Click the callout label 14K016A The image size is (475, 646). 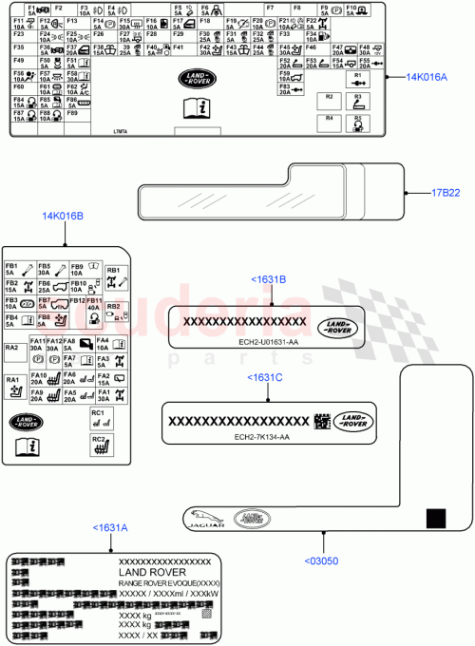(427, 77)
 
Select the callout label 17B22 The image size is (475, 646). (446, 193)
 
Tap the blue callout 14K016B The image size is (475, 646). (62, 216)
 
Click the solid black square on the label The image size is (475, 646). (435, 518)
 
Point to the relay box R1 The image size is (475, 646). (357, 79)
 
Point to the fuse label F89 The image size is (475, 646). (71, 113)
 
